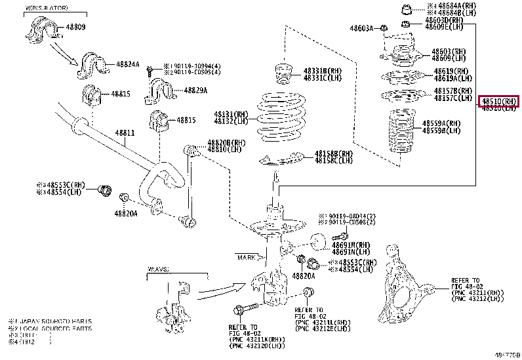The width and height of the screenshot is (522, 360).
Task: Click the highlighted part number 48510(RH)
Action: click(x=498, y=102)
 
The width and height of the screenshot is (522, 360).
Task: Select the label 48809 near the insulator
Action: click(x=75, y=28)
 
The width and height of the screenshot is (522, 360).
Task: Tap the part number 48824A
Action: click(x=128, y=64)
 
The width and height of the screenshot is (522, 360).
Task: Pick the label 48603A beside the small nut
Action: click(x=361, y=28)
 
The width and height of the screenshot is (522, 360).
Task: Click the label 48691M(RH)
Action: click(x=351, y=245)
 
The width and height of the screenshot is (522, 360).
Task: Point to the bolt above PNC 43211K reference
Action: click(x=238, y=310)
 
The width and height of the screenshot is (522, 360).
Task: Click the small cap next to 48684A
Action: click(x=406, y=9)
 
